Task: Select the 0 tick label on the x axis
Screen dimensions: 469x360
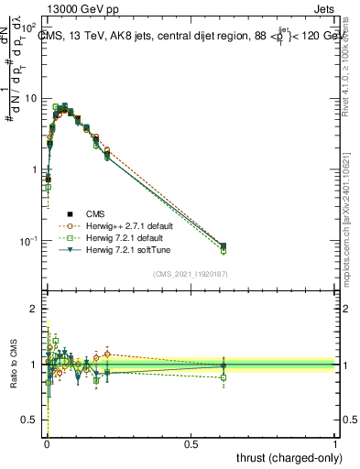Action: point(47,442)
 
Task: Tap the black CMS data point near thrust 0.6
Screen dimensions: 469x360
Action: point(224,245)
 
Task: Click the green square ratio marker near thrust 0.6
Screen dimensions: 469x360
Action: point(224,376)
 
